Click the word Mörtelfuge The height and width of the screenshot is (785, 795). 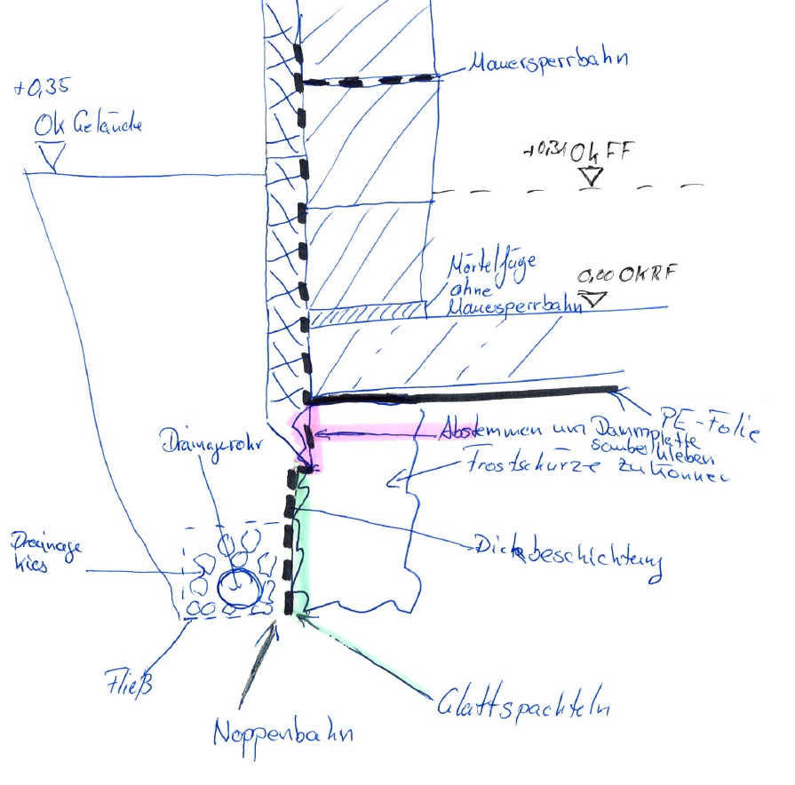[483, 266]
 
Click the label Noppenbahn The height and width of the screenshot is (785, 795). [283, 733]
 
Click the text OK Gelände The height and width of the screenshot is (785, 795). [88, 126]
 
